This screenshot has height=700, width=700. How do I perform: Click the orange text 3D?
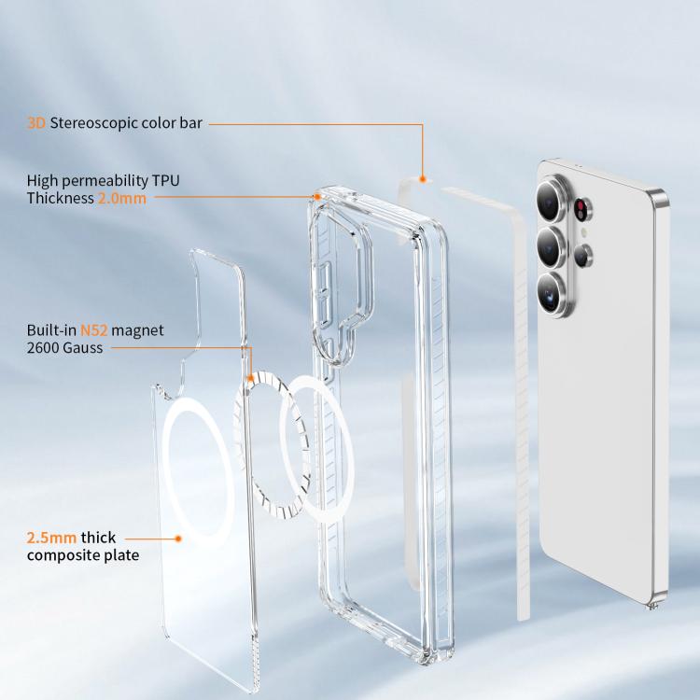click(x=36, y=123)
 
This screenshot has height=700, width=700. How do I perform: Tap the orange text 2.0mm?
click(x=122, y=198)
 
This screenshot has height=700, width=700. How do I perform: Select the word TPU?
click(x=165, y=180)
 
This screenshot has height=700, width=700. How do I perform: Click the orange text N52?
click(x=93, y=330)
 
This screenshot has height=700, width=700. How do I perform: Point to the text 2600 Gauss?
click(x=64, y=348)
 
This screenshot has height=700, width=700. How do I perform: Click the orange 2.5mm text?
click(x=51, y=538)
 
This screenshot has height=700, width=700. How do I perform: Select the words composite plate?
click(x=83, y=555)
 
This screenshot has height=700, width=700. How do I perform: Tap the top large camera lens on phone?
click(x=552, y=199)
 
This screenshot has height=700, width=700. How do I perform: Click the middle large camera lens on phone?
click(x=553, y=247)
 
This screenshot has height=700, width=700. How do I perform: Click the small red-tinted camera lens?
click(x=581, y=209)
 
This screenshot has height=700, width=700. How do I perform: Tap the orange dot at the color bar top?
click(x=422, y=179)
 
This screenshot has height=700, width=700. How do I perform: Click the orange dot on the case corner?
click(x=317, y=196)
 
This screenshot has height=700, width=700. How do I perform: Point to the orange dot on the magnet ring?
click(x=251, y=379)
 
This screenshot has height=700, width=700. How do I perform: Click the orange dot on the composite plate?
click(x=178, y=539)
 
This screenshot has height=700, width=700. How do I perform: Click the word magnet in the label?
click(x=137, y=330)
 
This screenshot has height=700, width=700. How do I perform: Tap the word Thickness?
click(x=61, y=198)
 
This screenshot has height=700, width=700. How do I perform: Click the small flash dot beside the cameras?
click(x=584, y=232)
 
